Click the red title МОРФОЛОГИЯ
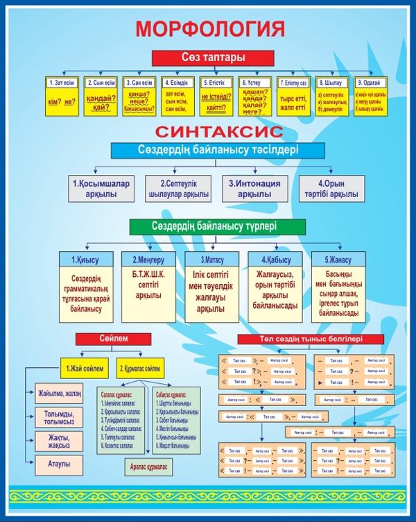point(210,28)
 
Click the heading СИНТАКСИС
point(209,130)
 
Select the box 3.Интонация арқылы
point(254,189)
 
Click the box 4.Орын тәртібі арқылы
point(331,189)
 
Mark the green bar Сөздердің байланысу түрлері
point(216,226)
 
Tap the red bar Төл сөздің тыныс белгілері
point(310,339)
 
